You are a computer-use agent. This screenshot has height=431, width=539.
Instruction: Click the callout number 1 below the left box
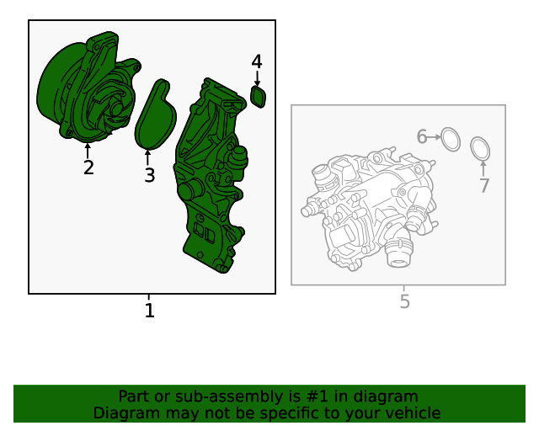149,311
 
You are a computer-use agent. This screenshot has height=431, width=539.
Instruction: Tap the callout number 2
88,168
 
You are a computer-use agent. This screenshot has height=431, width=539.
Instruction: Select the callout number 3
150,175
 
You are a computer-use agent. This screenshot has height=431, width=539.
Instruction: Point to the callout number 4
257,61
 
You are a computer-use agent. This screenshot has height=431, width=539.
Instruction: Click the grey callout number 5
405,301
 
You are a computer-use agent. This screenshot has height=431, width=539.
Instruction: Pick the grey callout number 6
422,136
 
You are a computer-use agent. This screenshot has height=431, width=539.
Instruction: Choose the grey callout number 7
484,185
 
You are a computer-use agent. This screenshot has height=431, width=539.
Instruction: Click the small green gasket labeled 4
259,97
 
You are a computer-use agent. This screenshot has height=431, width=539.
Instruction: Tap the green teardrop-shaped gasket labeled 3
155,114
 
